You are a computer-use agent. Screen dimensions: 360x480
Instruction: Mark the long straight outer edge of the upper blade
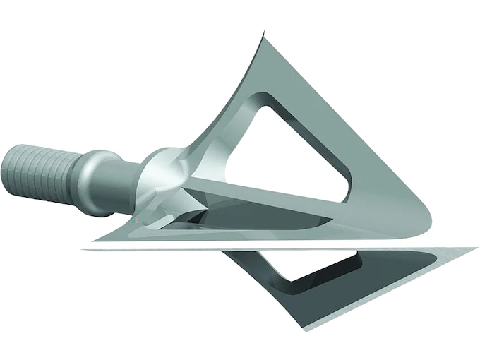[339, 127]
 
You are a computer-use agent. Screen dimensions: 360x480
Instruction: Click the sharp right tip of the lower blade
[474, 249]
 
